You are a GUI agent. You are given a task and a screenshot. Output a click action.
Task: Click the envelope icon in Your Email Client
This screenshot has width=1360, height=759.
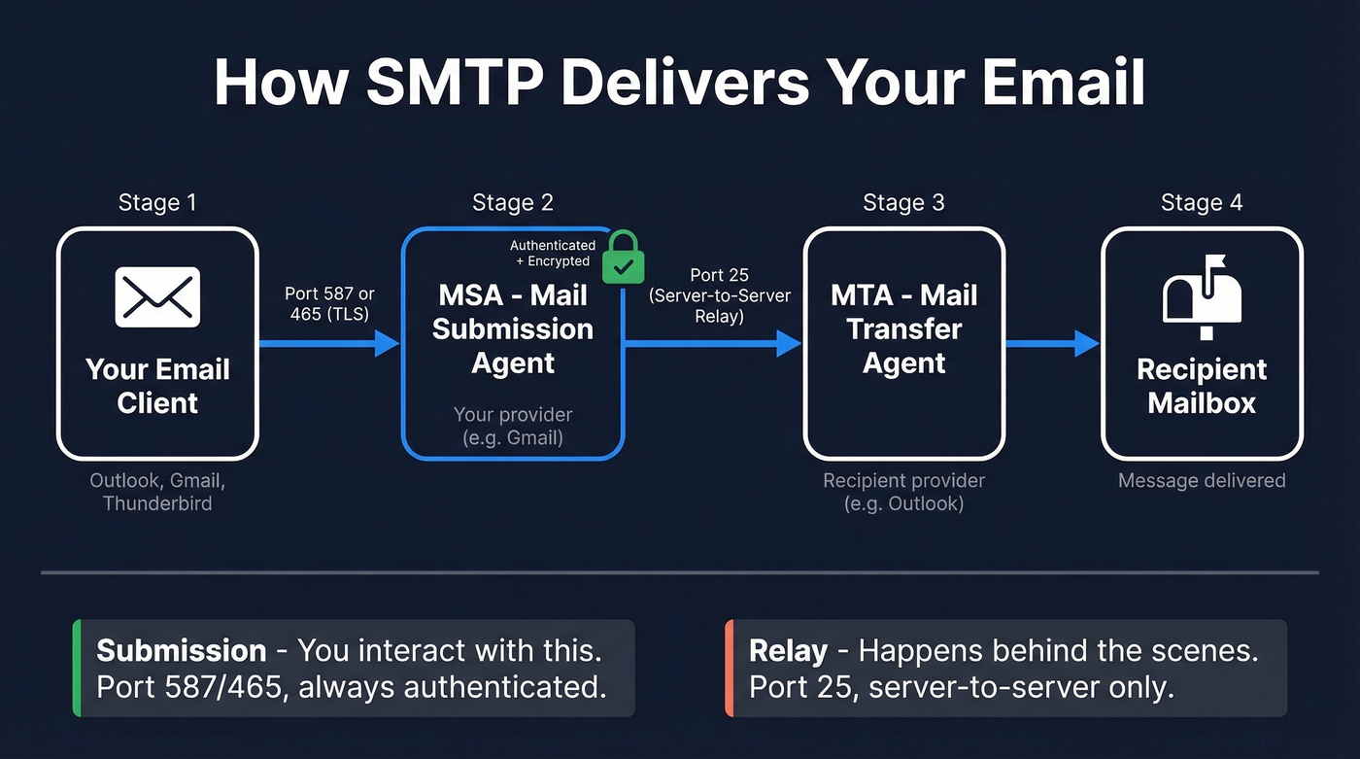tap(157, 296)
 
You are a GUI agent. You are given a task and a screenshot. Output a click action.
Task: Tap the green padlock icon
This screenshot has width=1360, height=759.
tap(623, 258)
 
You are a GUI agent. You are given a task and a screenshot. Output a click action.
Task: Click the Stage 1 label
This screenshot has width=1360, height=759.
tap(157, 203)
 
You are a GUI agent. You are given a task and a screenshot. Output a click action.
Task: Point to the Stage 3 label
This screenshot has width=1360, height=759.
tap(903, 203)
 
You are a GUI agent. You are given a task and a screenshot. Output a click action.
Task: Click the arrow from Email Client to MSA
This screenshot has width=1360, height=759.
tap(329, 343)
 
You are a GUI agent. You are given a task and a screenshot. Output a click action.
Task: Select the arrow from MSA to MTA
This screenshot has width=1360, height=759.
tap(713, 343)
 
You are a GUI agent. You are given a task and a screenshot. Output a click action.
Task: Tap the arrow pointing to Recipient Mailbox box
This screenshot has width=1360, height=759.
tap(1053, 343)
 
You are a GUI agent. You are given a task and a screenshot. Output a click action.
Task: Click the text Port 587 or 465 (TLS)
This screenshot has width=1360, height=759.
tap(329, 303)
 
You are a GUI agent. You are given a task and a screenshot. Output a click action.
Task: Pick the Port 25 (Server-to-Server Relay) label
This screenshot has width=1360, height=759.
tap(720, 295)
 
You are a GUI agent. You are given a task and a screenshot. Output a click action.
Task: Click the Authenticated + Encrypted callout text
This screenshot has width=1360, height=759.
tap(553, 254)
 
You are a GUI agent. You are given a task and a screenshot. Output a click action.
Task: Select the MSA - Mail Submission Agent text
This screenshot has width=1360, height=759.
tap(513, 329)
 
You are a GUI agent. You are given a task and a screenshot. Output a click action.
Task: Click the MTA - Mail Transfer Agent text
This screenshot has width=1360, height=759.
tap(903, 329)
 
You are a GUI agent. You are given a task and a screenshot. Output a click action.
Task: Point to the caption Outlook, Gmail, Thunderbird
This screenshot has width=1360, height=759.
tap(157, 492)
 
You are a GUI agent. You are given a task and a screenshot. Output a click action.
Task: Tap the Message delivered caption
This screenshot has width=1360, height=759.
tap(1202, 480)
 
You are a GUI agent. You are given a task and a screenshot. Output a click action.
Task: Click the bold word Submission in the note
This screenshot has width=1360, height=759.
tap(182, 650)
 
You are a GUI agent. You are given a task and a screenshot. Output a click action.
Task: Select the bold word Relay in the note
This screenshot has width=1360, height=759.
tap(788, 650)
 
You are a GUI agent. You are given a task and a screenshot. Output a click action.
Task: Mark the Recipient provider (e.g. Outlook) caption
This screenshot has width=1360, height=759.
tap(903, 492)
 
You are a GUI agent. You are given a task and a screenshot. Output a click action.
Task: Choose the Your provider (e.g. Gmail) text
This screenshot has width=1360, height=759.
tap(513, 426)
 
